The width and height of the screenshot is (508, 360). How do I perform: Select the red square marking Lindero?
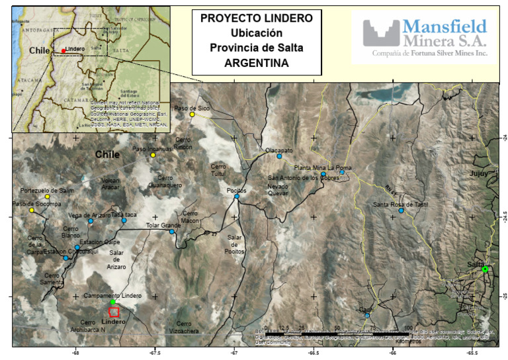[114, 312]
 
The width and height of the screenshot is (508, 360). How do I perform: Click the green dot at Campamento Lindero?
[112, 302]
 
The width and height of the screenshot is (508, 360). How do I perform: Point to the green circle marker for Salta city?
[485, 269]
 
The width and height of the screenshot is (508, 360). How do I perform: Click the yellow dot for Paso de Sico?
[192, 114]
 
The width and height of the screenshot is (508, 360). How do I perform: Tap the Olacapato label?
[279, 150]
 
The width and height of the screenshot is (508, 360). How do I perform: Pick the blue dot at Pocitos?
[236, 197]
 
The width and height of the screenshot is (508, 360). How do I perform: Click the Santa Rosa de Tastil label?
[401, 204]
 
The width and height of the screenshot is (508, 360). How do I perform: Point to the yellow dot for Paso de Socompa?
[31, 210]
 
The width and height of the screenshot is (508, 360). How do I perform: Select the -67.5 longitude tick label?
[155, 351]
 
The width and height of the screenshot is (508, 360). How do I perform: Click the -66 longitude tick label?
[393, 351]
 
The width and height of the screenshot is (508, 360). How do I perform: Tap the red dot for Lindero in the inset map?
[63, 51]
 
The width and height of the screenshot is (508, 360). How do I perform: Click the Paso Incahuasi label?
[152, 149]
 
